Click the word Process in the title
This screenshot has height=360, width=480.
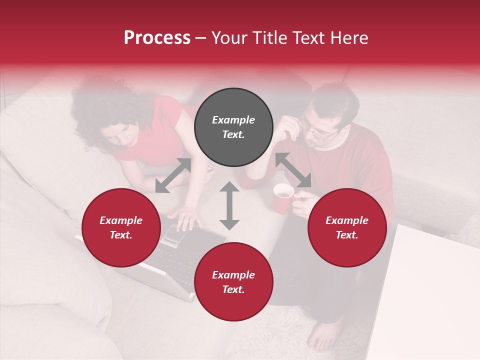click(157, 38)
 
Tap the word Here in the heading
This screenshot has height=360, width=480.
click(348, 38)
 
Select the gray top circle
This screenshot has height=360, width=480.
click(233, 127)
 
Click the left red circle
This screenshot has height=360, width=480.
click(121, 227)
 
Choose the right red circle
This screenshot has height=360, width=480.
click(347, 227)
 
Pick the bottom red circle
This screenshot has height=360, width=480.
click(233, 282)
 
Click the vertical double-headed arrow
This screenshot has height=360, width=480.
click(229, 206)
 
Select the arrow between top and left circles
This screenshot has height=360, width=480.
click(173, 175)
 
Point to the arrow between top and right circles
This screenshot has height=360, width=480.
click(293, 170)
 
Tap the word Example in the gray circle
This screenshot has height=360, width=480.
click(233, 120)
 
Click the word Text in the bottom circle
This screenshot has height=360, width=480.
click(233, 289)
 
